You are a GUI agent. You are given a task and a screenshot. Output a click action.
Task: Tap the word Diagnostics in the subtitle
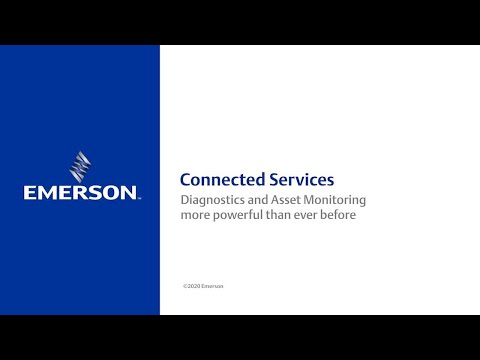(x=209, y=200)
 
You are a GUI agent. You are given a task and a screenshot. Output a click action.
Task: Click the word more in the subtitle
(x=194, y=215)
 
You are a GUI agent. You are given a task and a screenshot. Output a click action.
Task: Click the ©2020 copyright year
(x=192, y=286)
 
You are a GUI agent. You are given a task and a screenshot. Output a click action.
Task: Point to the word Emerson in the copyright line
(x=213, y=286)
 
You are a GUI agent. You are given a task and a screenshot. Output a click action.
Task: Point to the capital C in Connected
(x=185, y=181)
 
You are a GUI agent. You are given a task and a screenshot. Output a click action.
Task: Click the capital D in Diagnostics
(x=184, y=200)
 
